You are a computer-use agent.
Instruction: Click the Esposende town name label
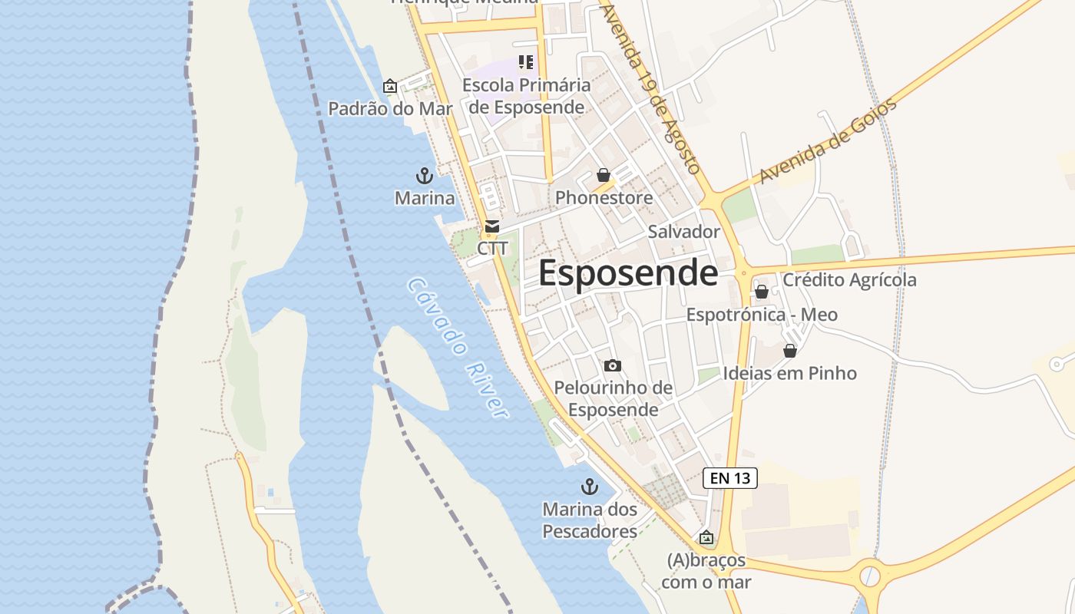(x=628, y=273)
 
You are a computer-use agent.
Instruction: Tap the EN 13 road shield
(x=729, y=478)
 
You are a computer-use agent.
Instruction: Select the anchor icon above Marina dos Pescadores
(x=589, y=487)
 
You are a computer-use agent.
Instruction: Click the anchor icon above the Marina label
(x=424, y=176)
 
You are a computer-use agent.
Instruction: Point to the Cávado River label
(x=458, y=348)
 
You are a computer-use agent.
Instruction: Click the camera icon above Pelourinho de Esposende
(x=612, y=365)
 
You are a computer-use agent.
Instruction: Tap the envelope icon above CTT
(x=492, y=227)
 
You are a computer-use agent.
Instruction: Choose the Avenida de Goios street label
(x=828, y=141)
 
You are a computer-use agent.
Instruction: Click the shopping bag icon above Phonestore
(x=604, y=175)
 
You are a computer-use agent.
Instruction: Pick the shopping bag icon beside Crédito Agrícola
(x=762, y=292)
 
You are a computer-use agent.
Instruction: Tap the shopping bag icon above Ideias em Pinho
(x=789, y=351)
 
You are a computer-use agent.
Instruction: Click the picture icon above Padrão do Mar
(x=390, y=86)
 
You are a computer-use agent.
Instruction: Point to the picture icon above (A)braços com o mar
(x=706, y=538)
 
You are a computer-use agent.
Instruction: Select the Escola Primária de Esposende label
(x=526, y=96)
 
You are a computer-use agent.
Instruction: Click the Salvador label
(x=683, y=232)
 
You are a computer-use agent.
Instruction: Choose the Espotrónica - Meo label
(x=762, y=315)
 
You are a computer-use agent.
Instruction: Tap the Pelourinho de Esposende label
(x=613, y=399)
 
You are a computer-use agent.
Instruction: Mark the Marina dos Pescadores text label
(x=590, y=520)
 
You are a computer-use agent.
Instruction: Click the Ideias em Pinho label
(x=789, y=374)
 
